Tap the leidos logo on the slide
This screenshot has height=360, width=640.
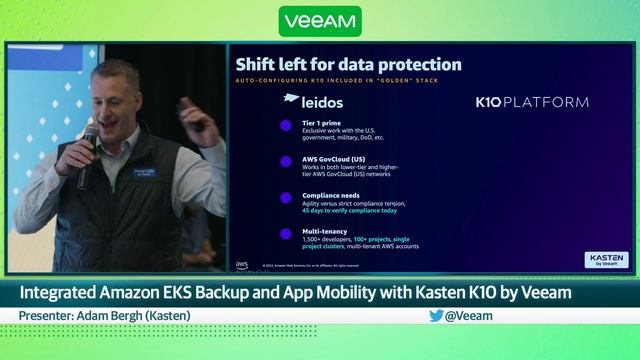click(312, 101)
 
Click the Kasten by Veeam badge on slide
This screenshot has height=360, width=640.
click(606, 260)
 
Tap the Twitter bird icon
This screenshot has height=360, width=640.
click(436, 315)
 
